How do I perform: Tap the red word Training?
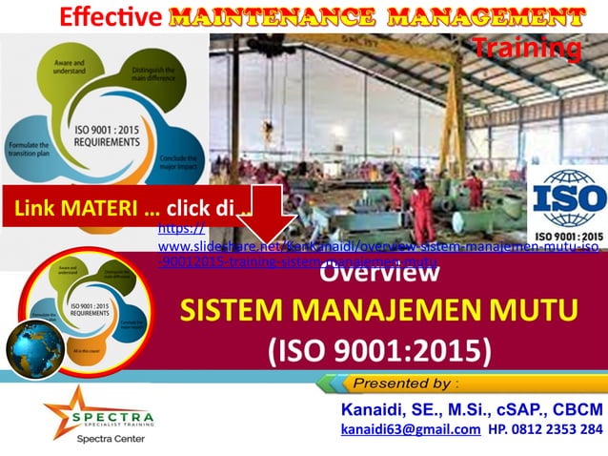pyautogui.click(x=526, y=47)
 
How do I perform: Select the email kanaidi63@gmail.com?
pyautogui.click(x=410, y=430)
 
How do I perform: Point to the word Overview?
pyautogui.click(x=379, y=273)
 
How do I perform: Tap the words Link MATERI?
pyautogui.click(x=74, y=209)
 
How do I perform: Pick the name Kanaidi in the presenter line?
pyautogui.click(x=376, y=409)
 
